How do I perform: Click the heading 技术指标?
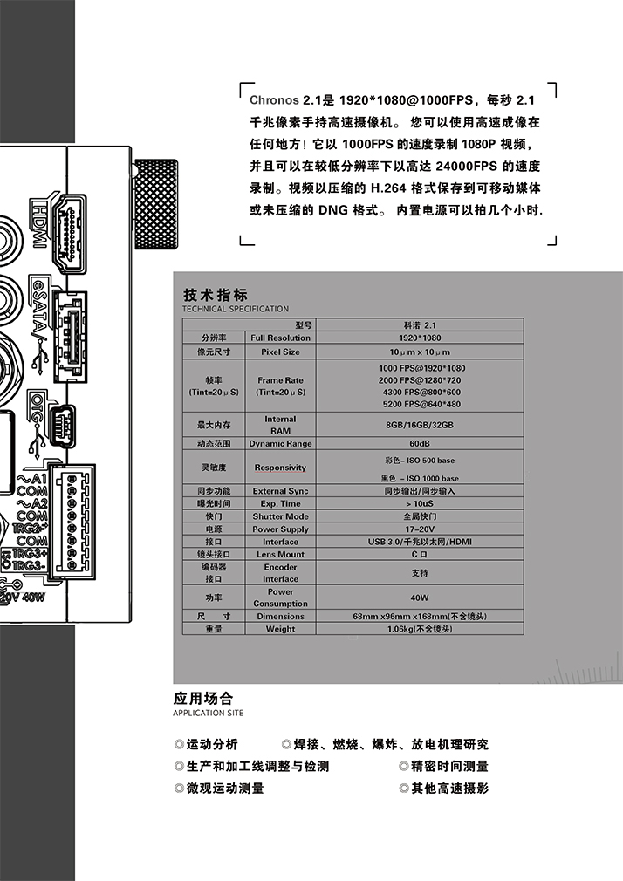coord(216,295)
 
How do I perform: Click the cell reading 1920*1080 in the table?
coord(420,338)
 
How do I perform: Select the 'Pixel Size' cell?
coord(280,352)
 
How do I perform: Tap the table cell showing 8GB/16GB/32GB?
coord(420,425)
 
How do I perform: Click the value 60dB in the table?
coord(420,444)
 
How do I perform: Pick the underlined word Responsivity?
coord(280,468)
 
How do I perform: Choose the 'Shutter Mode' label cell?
coord(280,516)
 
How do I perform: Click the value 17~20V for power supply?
coord(420,529)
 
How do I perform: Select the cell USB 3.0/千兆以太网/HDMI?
coord(420,542)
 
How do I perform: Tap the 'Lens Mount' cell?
coord(280,554)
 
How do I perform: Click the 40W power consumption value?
coord(420,598)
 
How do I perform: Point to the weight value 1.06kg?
coord(420,629)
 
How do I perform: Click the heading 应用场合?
coord(203,699)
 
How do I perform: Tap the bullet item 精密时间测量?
coord(449,766)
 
